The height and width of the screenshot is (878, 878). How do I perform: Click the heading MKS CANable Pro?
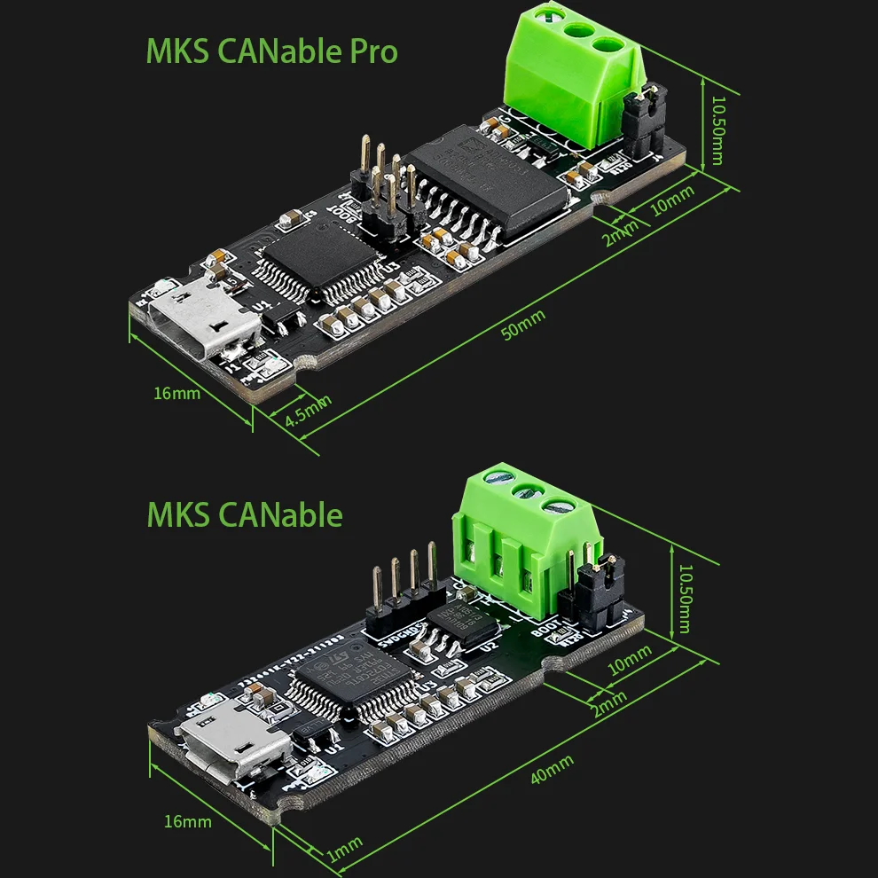click(x=271, y=51)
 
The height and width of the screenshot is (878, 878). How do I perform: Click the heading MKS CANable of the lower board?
click(x=245, y=514)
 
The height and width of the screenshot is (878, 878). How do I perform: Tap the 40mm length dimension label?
click(x=552, y=767)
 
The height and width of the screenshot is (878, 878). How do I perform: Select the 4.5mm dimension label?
click(x=308, y=411)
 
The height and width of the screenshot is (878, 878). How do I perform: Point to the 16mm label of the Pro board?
click(x=176, y=393)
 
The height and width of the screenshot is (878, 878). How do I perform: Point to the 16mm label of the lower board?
click(x=188, y=821)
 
